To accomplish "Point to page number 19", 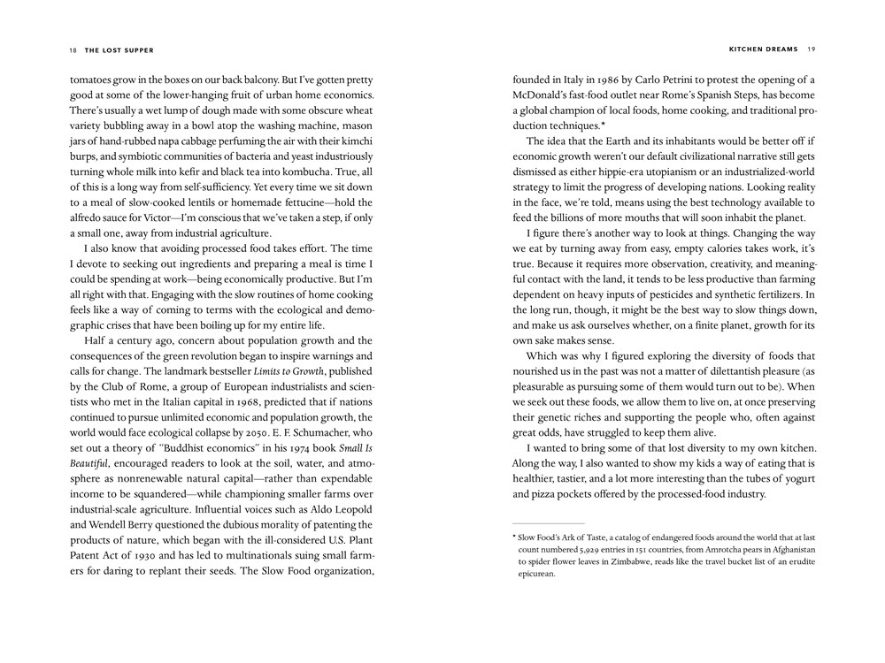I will [x=812, y=50].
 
